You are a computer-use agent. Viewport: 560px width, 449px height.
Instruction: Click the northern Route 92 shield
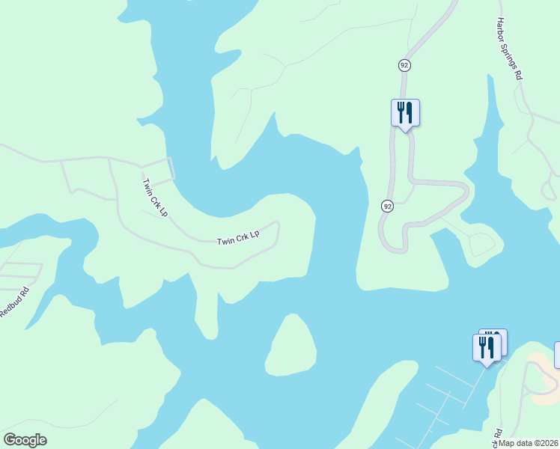pos(404,65)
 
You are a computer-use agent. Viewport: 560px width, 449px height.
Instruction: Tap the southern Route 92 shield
pos(387,206)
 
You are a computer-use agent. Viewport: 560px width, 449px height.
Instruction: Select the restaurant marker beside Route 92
pos(405,113)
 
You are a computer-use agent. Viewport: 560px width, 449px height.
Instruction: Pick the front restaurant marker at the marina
pos(487,348)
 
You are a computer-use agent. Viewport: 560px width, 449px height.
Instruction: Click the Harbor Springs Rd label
pos(510,49)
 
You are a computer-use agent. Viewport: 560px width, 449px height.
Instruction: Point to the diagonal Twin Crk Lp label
pos(155,197)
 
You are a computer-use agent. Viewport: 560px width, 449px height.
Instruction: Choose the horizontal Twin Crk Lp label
pos(237,237)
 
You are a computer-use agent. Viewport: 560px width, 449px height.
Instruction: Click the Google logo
pos(25,440)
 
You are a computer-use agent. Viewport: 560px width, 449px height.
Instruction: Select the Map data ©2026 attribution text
pos(529,443)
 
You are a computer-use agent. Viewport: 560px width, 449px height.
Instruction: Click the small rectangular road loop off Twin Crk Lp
pos(158,169)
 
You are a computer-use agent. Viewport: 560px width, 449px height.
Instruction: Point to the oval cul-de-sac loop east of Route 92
pos(482,244)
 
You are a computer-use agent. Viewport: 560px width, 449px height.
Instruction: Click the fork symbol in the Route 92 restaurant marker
pos(401,112)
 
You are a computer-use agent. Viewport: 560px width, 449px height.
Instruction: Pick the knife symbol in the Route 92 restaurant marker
pos(410,112)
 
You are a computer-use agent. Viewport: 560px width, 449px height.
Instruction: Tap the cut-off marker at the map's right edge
pos(557,354)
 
